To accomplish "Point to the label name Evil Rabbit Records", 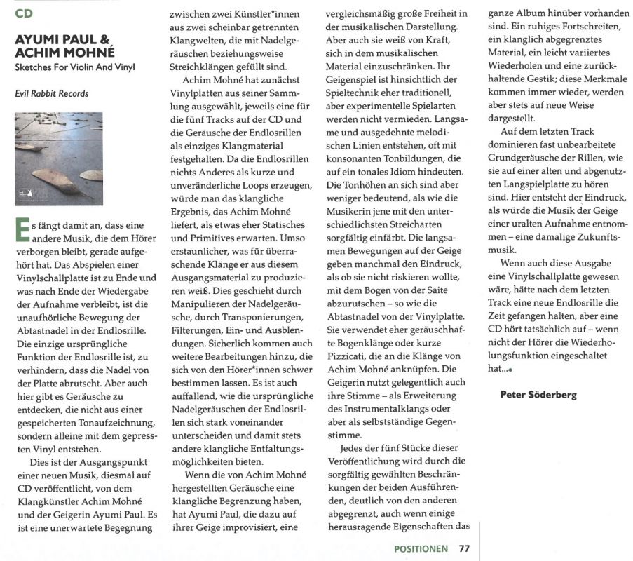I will pyautogui.click(x=52, y=93).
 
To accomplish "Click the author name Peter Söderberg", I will pyautogui.click(x=538, y=395).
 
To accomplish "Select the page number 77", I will pyautogui.click(x=465, y=548).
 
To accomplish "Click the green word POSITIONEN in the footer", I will pyautogui.click(x=421, y=548).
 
